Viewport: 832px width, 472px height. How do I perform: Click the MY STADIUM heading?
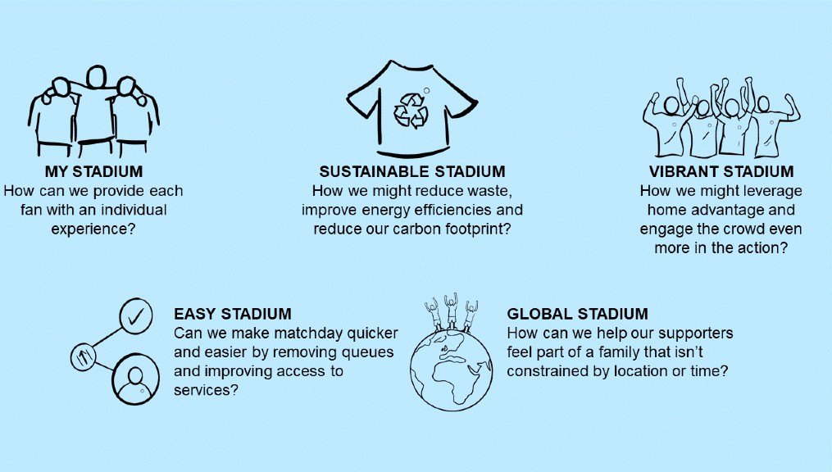[94, 171]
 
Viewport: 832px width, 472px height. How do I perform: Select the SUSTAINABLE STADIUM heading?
[412, 171]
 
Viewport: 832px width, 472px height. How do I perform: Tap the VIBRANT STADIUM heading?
[721, 171]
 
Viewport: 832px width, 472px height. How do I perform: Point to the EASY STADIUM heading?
[233, 313]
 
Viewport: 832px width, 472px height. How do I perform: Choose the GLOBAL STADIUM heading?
[577, 313]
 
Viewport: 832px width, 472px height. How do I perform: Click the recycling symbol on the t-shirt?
[411, 111]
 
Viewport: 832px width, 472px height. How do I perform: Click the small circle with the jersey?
[83, 356]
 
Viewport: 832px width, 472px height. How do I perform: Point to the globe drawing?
[451, 370]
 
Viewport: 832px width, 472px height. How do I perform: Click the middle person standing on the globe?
[451, 311]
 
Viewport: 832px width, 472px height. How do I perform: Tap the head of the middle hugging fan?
[97, 77]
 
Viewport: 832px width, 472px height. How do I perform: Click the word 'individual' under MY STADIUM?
[134, 210]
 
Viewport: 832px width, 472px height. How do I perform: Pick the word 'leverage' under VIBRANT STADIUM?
[774, 192]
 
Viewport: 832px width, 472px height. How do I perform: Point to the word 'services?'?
[206, 390]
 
